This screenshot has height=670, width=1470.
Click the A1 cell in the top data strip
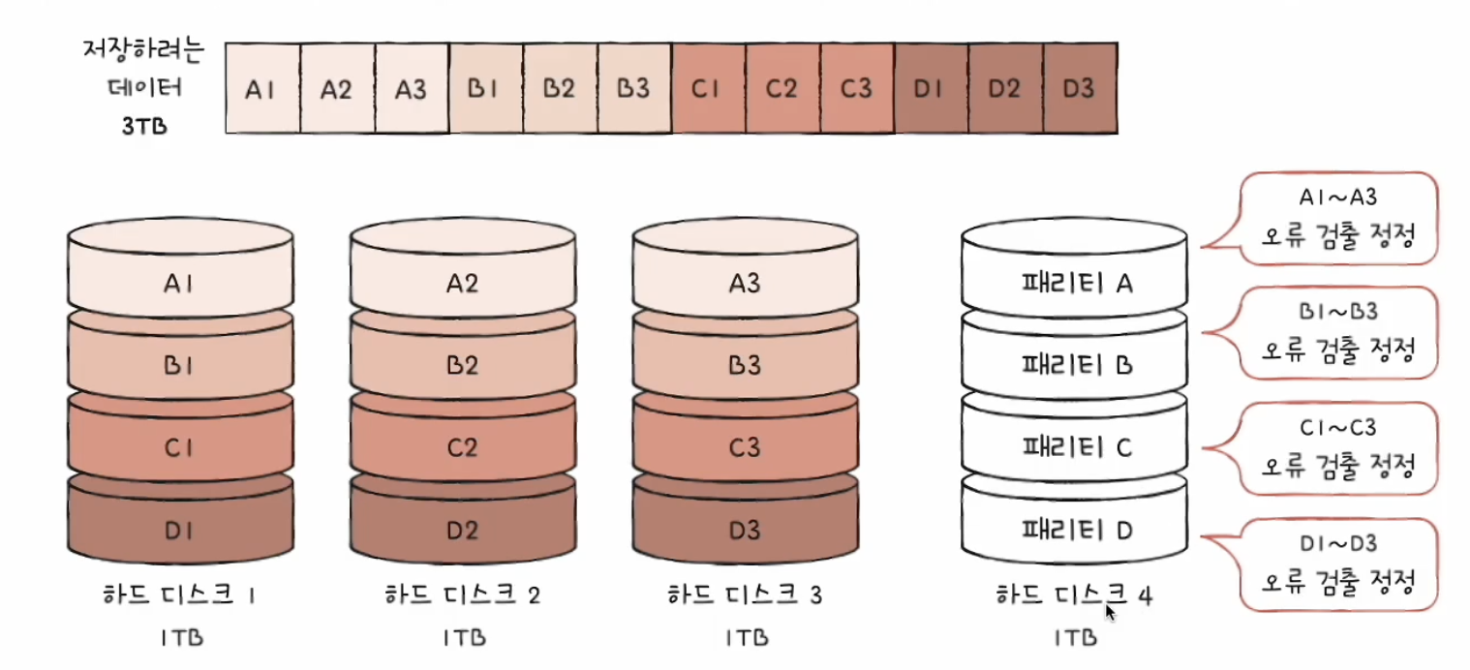[x=261, y=89]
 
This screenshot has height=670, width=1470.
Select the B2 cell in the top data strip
[x=560, y=89]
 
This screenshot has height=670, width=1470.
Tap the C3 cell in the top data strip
[x=856, y=89]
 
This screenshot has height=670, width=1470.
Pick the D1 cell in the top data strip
[x=931, y=89]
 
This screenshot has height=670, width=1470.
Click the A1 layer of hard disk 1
[x=180, y=284]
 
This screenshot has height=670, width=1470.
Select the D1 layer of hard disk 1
[x=180, y=529]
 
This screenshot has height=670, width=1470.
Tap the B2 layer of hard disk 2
[x=462, y=366]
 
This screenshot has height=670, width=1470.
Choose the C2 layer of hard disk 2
[x=462, y=448]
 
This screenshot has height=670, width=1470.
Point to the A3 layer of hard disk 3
[x=744, y=284]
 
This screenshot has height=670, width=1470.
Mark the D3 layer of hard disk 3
[x=744, y=529]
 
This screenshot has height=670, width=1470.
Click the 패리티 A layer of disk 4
[x=1074, y=283]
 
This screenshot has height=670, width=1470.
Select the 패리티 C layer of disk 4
[x=1074, y=447]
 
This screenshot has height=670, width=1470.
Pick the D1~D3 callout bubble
[x=1336, y=564]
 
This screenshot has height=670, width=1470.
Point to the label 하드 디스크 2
[x=462, y=594]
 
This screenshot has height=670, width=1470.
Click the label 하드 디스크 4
[x=1074, y=594]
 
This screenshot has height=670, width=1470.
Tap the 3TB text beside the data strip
[x=143, y=126]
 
